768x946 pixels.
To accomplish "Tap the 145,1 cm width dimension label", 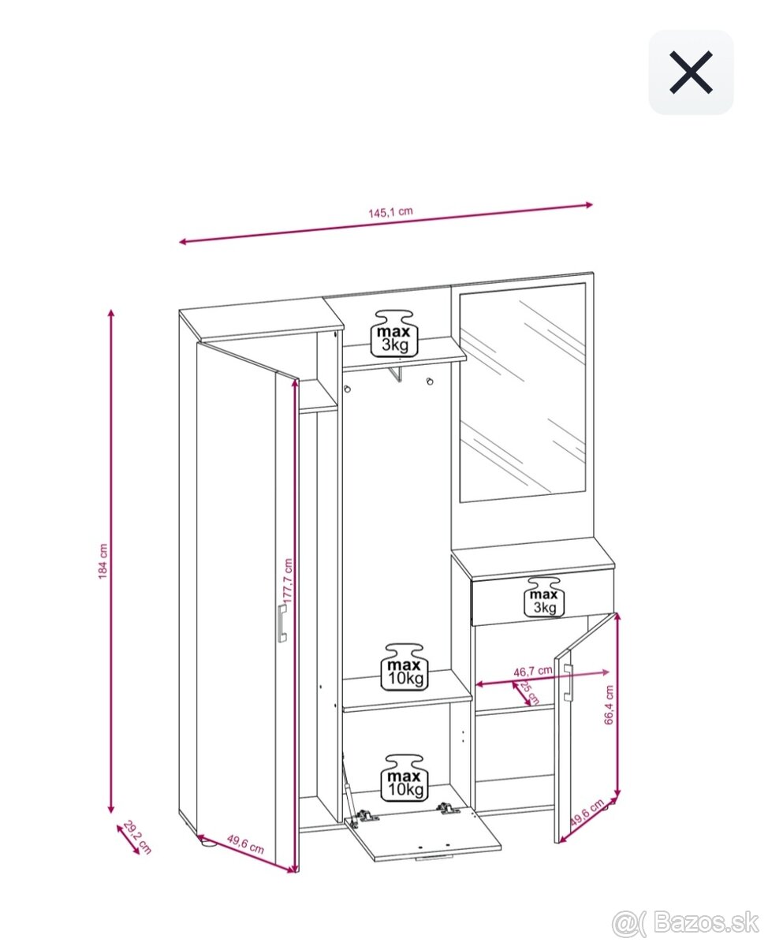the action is point(390,212).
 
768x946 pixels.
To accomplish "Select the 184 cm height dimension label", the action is point(103,561).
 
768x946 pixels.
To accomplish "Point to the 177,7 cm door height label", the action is point(288,581).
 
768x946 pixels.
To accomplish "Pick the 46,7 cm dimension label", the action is point(532,671).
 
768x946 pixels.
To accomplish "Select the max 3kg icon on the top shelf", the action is point(394,333).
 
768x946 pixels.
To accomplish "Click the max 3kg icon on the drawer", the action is point(544,598).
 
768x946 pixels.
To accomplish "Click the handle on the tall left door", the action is point(282,623).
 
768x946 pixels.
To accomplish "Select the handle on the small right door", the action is point(569,683).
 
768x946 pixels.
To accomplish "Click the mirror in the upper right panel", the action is point(522,393).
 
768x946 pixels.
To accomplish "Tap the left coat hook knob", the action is point(347,389).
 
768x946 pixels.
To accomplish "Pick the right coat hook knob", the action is point(430,381).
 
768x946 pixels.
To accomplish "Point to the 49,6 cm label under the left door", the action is point(245,844).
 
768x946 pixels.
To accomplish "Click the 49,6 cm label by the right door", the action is point(587,812).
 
